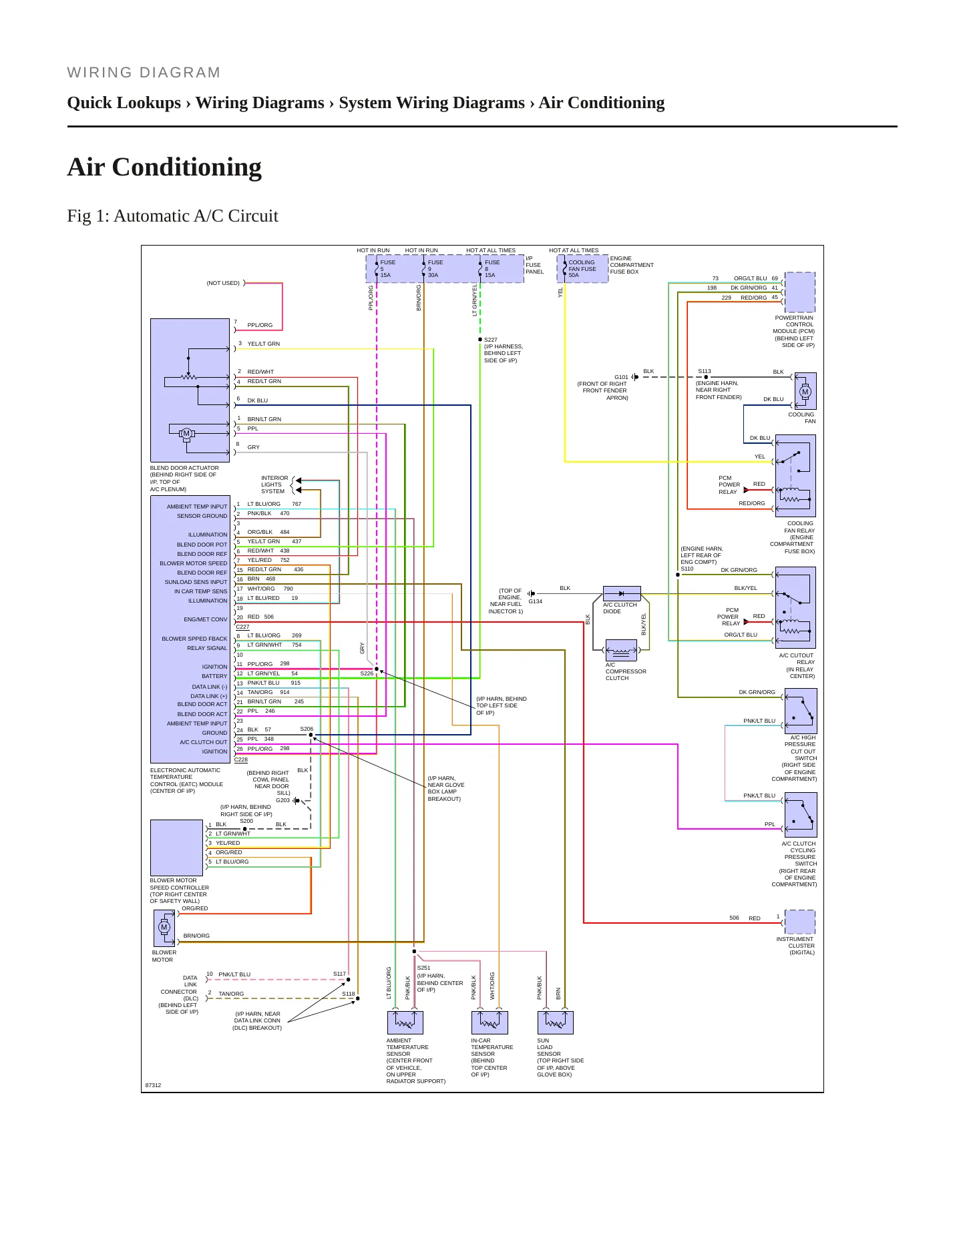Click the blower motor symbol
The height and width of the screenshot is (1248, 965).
pyautogui.click(x=164, y=928)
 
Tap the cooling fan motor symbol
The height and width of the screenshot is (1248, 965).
pyautogui.click(x=805, y=391)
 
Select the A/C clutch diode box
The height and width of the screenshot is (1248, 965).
pyautogui.click(x=622, y=593)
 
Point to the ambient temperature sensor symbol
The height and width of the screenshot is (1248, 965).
pyautogui.click(x=405, y=1022)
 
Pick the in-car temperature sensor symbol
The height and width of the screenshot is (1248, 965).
pyautogui.click(x=490, y=1022)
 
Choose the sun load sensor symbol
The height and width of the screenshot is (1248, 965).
pyautogui.click(x=556, y=1022)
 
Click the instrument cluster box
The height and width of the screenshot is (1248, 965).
pyautogui.click(x=800, y=922)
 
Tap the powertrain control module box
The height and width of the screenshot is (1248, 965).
pyautogui.click(x=800, y=292)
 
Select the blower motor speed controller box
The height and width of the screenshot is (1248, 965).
pyautogui.click(x=176, y=848)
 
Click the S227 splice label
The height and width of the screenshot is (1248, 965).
pyautogui.click(x=491, y=340)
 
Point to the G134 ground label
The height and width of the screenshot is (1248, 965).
pyautogui.click(x=536, y=601)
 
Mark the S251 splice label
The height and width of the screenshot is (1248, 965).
pyautogui.click(x=424, y=968)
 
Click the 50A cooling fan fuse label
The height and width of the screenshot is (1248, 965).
pyautogui.click(x=574, y=275)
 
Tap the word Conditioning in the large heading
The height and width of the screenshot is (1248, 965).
pyautogui.click(x=187, y=167)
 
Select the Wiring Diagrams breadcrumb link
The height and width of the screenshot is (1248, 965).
pyautogui.click(x=260, y=103)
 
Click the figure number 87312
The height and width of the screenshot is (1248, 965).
pyautogui.click(x=154, y=1085)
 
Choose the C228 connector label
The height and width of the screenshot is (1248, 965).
pyautogui.click(x=241, y=759)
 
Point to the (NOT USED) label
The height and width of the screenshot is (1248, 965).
pyautogui.click(x=223, y=283)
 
